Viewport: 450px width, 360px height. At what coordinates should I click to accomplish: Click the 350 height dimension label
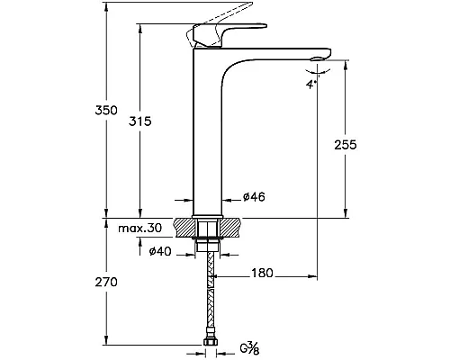[x=106, y=111]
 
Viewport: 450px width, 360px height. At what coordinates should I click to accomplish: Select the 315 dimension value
[x=140, y=121]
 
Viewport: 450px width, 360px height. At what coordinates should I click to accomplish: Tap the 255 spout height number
[x=346, y=145]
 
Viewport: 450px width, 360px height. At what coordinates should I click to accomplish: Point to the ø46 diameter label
[x=254, y=197]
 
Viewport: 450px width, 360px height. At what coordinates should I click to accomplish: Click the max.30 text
[x=139, y=229]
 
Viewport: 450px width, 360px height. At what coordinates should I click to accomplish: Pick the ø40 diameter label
[x=160, y=251]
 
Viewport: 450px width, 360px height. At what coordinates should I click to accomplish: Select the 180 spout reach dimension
[x=262, y=274]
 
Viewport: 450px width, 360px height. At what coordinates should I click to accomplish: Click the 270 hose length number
[x=106, y=283]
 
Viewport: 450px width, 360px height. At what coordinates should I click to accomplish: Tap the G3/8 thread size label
[x=249, y=348]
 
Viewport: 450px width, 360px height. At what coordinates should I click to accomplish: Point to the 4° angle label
[x=311, y=85]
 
